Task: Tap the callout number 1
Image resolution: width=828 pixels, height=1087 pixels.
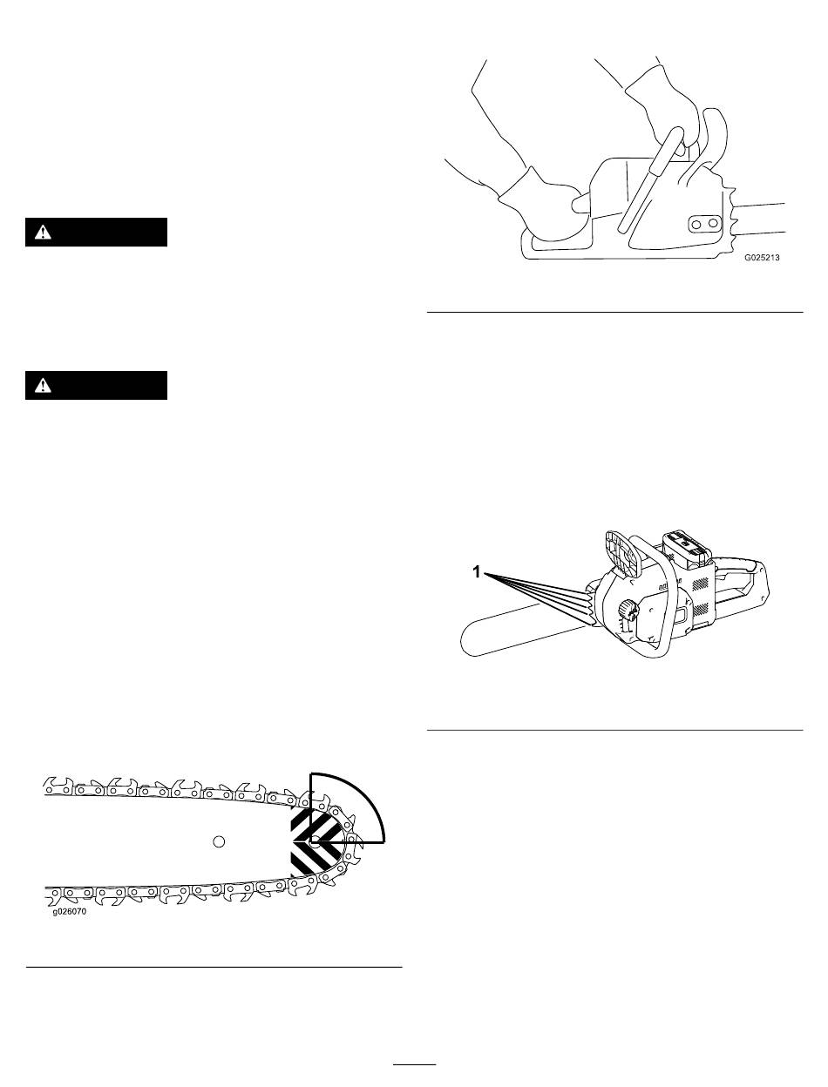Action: (477, 571)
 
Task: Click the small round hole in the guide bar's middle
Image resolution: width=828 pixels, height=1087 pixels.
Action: (220, 841)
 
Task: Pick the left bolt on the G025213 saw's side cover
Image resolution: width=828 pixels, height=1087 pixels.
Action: (696, 224)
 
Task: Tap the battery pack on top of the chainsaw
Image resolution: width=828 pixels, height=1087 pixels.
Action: (687, 546)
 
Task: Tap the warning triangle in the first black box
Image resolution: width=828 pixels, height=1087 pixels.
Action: (42, 233)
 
